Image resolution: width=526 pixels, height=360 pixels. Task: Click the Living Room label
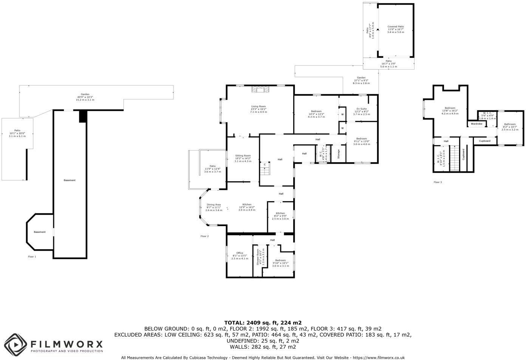[x=258, y=106]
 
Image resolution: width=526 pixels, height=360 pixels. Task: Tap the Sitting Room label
[x=243, y=155]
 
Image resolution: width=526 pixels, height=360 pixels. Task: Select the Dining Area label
[x=213, y=205]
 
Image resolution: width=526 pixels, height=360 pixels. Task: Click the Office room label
[x=240, y=253]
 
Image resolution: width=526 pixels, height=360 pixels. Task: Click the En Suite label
[x=361, y=109]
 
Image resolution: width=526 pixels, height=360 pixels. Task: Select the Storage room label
[x=339, y=154]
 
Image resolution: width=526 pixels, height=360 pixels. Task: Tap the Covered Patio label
[x=395, y=26]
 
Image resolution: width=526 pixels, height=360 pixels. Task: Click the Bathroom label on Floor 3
[x=509, y=124]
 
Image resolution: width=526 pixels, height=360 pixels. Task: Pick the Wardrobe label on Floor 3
[x=476, y=124]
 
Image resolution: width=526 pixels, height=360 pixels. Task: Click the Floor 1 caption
[x=32, y=256]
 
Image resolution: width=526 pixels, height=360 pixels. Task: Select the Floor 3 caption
[x=438, y=182]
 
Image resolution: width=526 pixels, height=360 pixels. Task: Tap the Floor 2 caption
[x=204, y=236]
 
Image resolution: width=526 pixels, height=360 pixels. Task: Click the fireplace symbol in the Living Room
[x=260, y=89]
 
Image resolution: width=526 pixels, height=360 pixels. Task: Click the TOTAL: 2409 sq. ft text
[x=263, y=323]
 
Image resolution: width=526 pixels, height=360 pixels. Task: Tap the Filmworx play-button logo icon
[x=15, y=345]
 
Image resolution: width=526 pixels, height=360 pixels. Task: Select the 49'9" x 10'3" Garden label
[x=85, y=97]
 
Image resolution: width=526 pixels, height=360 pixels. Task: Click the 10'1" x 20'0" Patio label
[x=17, y=133]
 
